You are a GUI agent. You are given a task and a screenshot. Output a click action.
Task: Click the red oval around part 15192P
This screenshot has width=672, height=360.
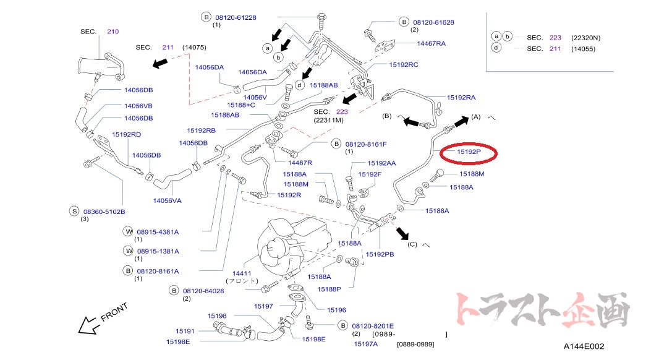click(x=472, y=152)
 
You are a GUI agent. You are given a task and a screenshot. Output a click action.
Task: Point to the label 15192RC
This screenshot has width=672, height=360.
click(x=403, y=64)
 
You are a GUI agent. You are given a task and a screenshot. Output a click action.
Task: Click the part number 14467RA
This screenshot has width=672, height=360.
click(x=432, y=43)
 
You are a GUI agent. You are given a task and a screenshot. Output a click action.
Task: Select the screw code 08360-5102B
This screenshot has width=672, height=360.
click(x=104, y=211)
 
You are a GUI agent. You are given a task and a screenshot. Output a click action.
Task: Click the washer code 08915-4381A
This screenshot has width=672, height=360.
click(x=158, y=232)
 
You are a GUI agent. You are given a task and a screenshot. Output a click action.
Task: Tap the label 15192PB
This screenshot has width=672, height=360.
click(x=380, y=254)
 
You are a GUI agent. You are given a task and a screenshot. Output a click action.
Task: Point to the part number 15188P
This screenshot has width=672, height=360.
click(x=330, y=289)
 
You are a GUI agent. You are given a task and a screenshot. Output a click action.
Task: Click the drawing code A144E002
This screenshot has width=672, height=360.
click(x=584, y=347)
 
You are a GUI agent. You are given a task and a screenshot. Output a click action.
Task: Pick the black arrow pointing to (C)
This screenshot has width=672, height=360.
click(x=403, y=233)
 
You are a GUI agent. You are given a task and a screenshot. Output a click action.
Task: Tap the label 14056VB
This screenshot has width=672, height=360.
click(x=138, y=106)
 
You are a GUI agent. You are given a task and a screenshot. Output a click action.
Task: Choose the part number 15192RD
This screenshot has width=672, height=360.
click(x=126, y=134)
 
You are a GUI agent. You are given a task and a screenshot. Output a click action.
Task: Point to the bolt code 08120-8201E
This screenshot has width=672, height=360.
click(x=373, y=326)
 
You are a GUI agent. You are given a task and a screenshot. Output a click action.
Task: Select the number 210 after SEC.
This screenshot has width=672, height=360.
click(x=112, y=31)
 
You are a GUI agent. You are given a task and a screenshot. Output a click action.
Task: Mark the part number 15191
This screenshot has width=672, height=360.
click(x=185, y=331)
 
